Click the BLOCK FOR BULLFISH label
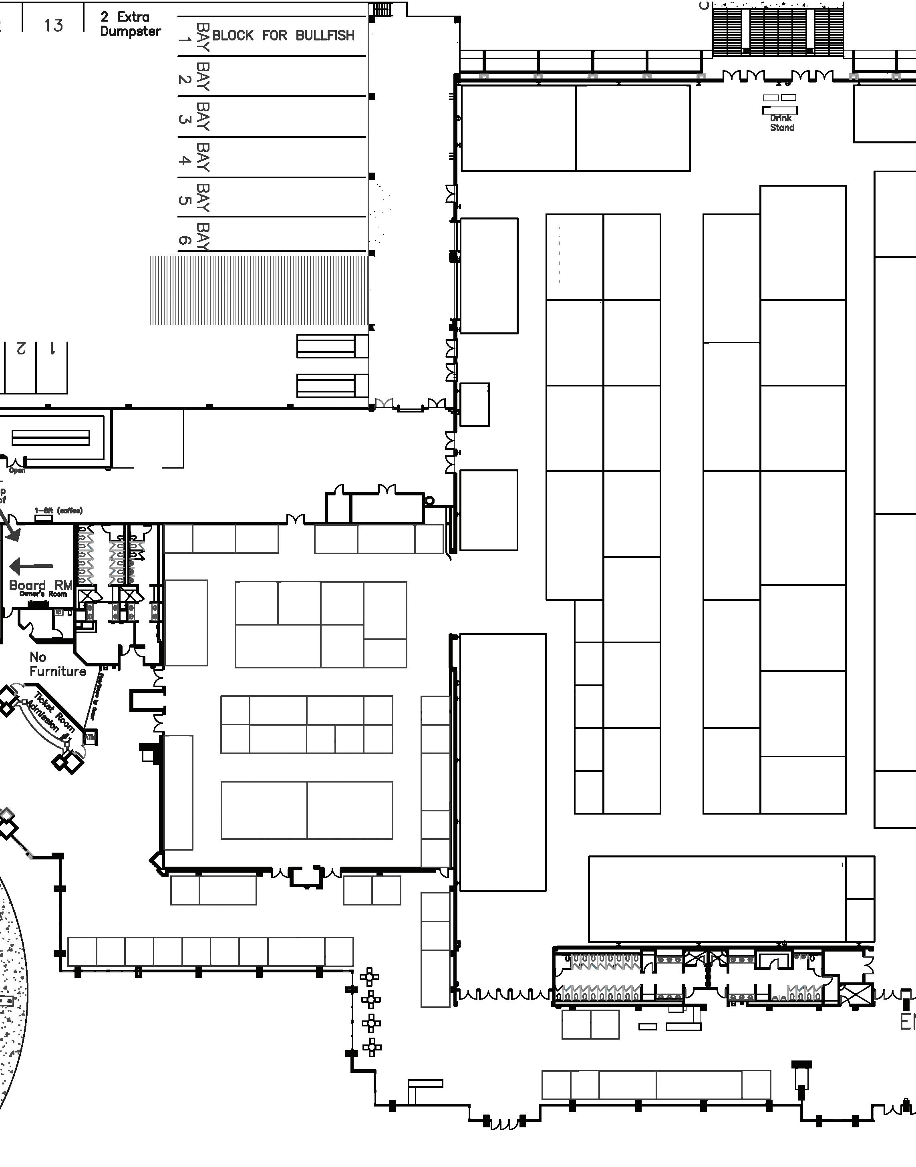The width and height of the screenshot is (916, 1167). pos(283,35)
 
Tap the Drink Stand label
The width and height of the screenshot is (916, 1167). pos(781,123)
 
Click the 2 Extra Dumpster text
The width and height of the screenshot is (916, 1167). pos(130,24)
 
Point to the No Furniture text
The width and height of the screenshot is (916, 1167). pos(57,664)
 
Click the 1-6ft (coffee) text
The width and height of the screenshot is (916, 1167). pos(58,510)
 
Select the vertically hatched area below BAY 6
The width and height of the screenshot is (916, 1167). pos(258,290)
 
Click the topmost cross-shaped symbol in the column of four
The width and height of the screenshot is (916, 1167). pos(370,977)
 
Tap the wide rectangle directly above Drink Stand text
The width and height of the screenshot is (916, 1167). pos(779,111)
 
